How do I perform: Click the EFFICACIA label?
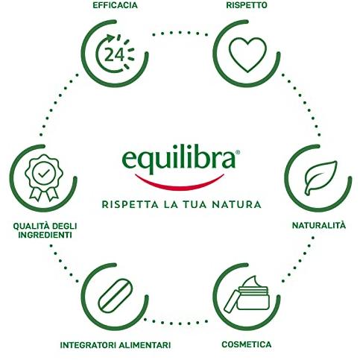[115, 5]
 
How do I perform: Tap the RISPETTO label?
[247, 5]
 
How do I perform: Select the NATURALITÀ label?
[319, 225]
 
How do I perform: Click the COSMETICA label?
[247, 344]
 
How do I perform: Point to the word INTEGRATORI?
[88, 345]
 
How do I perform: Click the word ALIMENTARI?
[145, 345]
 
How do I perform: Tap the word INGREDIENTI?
[45, 235]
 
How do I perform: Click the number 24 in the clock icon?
[114, 54]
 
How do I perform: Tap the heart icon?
[247, 54]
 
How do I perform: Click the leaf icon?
[320, 177]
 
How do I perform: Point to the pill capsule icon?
[116, 296]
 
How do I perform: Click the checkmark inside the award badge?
[44, 173]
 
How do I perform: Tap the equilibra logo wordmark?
[179, 160]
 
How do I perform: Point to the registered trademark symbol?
[238, 152]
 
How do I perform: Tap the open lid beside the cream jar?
[231, 301]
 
